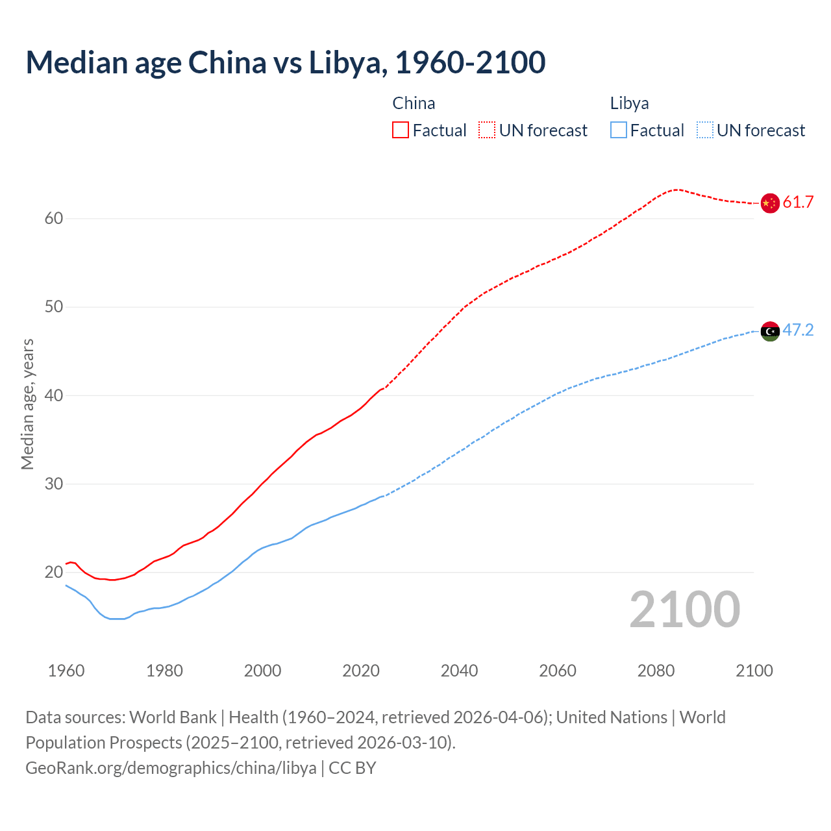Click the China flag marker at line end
point(769,203)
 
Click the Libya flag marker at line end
point(769,331)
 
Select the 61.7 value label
point(798,203)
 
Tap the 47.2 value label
point(798,330)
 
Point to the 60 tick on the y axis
point(54,219)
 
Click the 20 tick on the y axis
point(54,573)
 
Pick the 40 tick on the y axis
point(54,396)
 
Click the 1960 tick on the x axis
point(66,671)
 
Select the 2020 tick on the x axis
point(361,671)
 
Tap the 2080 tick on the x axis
point(656,671)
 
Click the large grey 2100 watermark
point(684,610)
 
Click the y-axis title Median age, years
point(27,404)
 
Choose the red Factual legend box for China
point(401,130)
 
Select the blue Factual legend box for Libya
point(619,130)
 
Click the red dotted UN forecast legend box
point(487,130)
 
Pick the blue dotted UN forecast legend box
point(705,130)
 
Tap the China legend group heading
point(414,103)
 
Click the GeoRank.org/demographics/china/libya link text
point(171,768)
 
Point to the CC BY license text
point(353,768)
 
